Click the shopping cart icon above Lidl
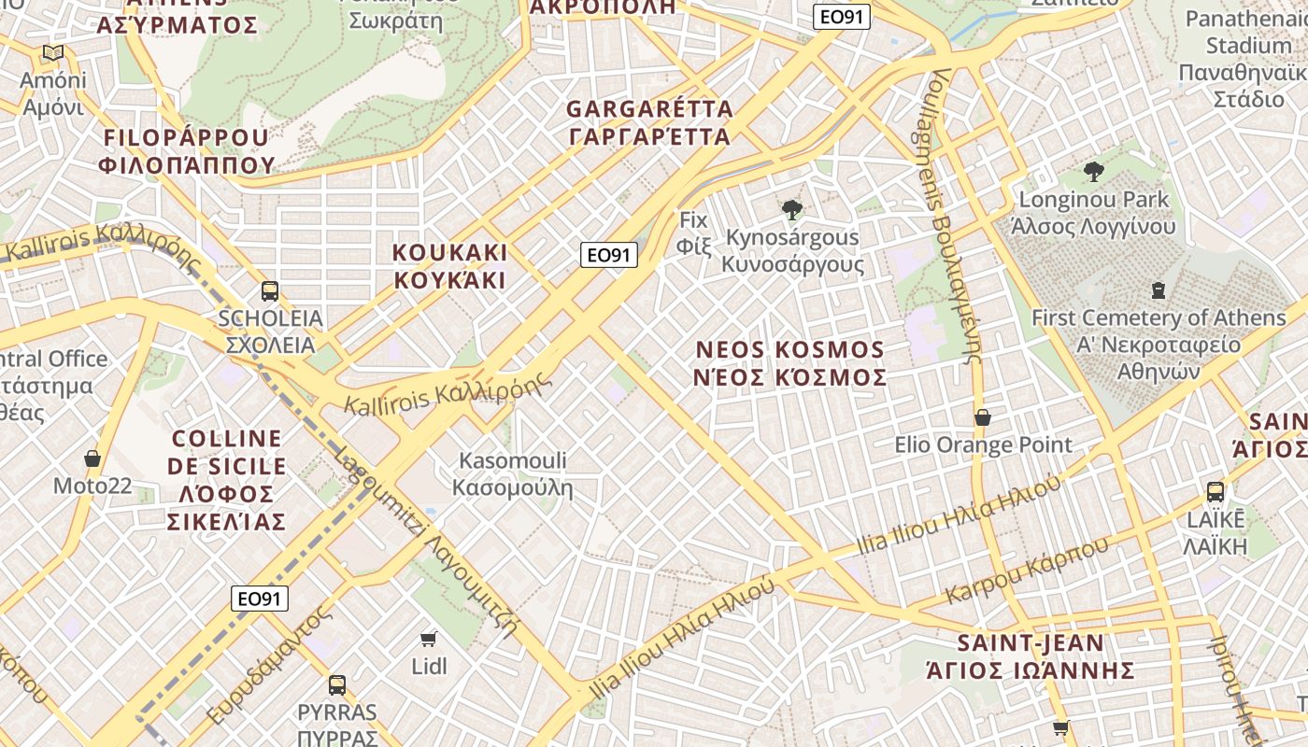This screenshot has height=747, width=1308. click(428, 640)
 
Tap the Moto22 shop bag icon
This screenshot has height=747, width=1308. click(92, 458)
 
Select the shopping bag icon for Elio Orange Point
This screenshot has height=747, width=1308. click(982, 417)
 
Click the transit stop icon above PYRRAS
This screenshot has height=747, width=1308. click(336, 685)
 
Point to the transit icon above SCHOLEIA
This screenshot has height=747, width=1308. click(270, 291)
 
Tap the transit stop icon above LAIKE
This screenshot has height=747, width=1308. click(1215, 492)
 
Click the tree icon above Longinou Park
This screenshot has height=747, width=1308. click(1093, 172)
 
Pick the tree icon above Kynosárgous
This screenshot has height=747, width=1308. click(792, 209)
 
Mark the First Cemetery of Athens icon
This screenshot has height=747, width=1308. click(1159, 290)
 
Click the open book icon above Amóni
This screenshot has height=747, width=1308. click(53, 53)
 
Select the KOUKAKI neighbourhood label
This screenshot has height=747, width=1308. click(449, 266)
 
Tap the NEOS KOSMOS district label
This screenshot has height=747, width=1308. click(790, 363)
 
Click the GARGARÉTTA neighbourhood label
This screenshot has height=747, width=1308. click(649, 122)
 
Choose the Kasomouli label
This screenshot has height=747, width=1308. click(512, 473)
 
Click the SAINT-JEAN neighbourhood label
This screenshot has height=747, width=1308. click(1031, 656)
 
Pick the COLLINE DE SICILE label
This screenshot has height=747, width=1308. click(227, 480)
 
